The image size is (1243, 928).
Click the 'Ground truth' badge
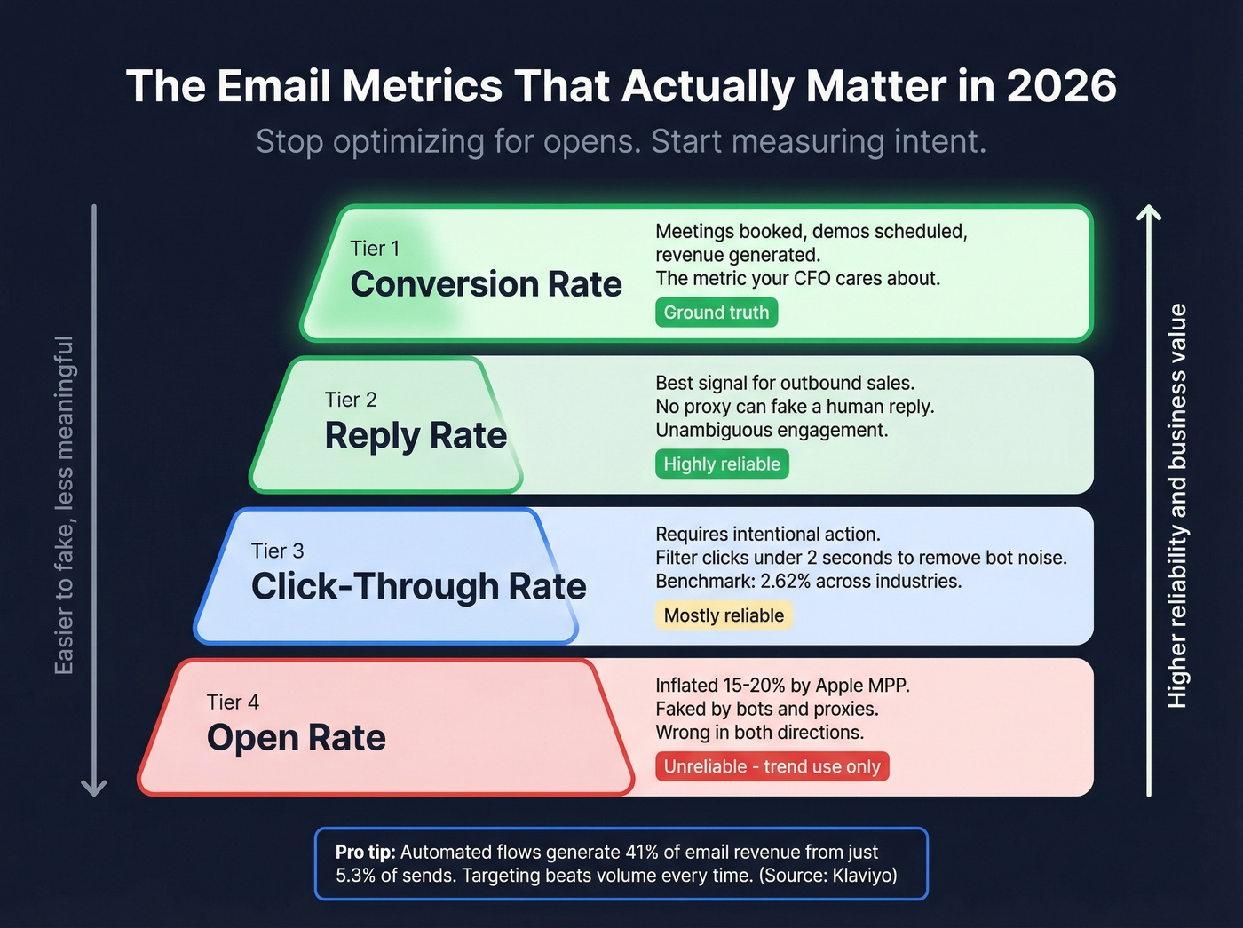point(717,313)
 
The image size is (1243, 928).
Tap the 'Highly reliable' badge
point(722,464)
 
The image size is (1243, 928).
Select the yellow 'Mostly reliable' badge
point(724,615)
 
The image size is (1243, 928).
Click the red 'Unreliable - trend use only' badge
point(772,766)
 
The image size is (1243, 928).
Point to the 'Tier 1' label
point(375,249)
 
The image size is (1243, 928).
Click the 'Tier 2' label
point(351,400)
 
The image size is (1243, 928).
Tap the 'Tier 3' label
point(277,551)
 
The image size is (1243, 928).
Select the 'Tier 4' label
point(233,702)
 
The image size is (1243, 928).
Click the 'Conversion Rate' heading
point(486,284)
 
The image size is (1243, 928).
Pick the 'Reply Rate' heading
point(416,436)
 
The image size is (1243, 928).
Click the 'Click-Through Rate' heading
point(418,587)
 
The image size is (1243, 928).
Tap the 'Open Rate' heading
point(296,738)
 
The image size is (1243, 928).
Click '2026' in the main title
point(1061,86)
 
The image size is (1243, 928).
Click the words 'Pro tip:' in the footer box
point(365,852)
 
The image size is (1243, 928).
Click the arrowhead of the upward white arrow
point(1149,213)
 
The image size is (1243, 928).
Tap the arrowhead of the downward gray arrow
point(93,787)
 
